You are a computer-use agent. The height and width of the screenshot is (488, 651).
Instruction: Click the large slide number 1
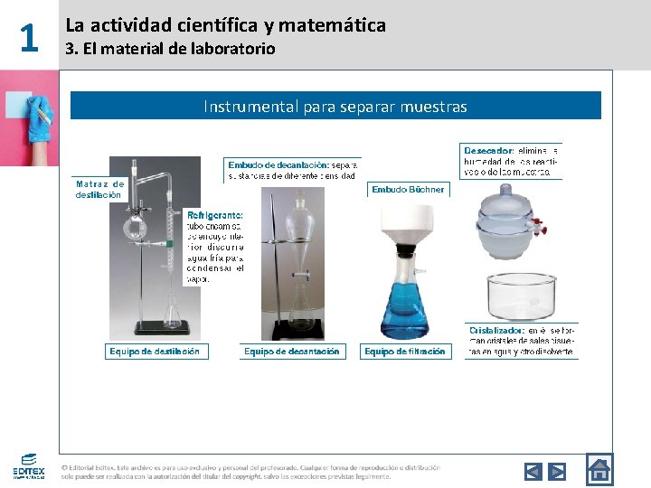29,38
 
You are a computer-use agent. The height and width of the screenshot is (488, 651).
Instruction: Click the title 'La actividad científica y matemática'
225,25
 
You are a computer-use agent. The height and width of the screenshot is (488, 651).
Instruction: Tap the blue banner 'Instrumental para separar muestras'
335,107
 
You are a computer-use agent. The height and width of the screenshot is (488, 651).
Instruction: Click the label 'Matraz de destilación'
99,189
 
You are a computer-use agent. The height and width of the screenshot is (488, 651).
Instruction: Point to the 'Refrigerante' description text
215,247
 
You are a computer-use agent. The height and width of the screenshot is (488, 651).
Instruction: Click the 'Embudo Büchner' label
408,190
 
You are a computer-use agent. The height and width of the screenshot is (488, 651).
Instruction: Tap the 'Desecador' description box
511,161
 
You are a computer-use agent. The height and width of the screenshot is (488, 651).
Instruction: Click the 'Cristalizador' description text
521,341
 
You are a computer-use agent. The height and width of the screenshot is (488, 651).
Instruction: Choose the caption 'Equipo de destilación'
156,351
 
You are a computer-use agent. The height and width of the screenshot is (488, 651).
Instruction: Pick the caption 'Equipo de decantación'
292,351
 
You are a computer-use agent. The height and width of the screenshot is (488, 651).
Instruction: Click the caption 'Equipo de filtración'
405,351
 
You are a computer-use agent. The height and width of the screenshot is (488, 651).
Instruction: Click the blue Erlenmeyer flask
404,303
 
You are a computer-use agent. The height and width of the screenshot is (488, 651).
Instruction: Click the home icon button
599,469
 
